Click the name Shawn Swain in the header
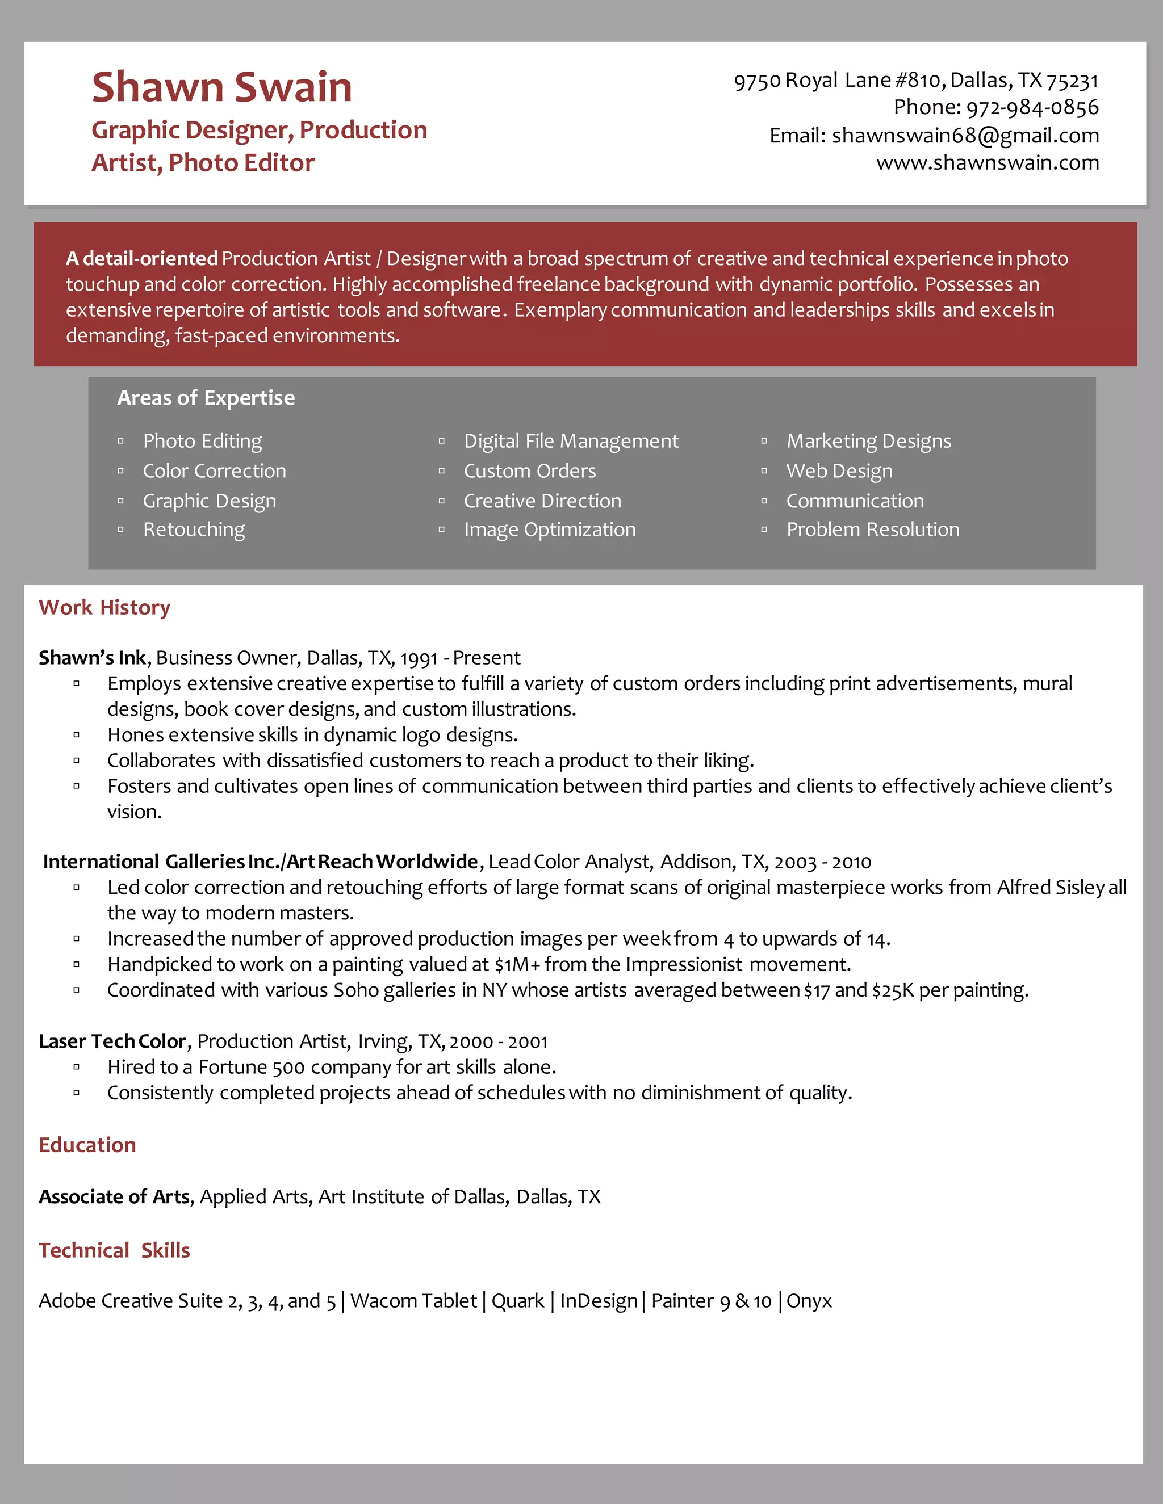click(222, 87)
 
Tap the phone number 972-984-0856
click(1032, 107)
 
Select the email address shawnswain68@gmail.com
click(965, 136)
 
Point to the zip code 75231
click(1072, 81)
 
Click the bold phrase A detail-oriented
click(142, 259)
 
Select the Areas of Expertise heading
click(206, 398)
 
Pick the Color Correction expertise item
click(214, 471)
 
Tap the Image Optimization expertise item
click(549, 530)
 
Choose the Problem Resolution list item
click(872, 530)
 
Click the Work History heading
click(104, 607)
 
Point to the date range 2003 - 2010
click(822, 862)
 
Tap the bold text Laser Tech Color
click(112, 1041)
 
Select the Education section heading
click(87, 1145)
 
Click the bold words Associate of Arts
click(114, 1197)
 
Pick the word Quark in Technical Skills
click(517, 1301)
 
